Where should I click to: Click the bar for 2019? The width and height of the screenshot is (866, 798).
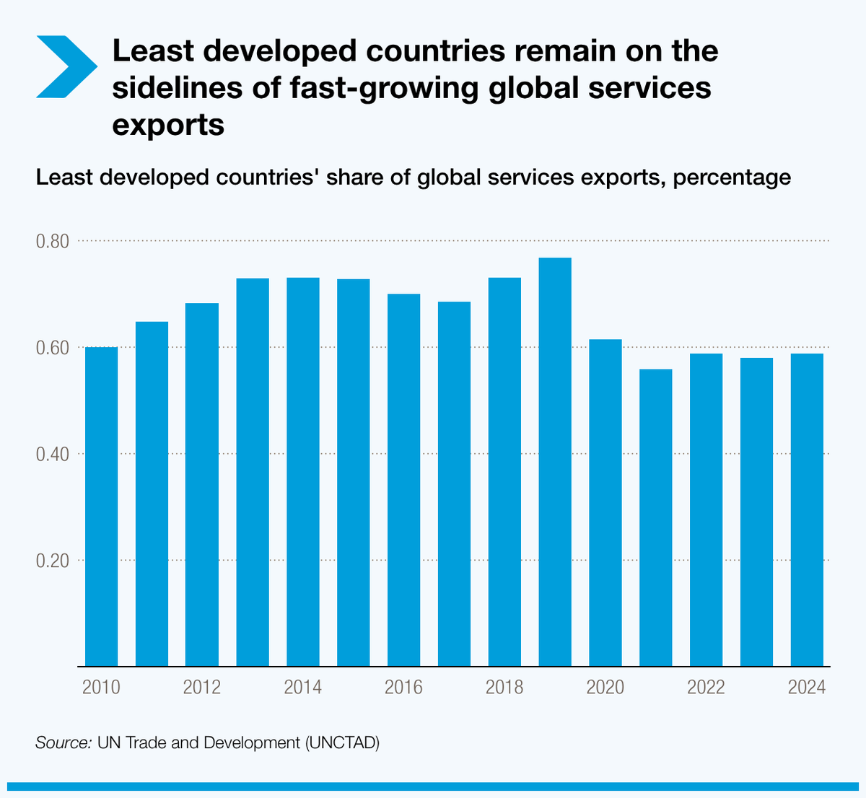click(555, 462)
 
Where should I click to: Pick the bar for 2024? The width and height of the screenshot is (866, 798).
click(807, 509)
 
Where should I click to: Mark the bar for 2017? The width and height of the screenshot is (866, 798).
click(454, 483)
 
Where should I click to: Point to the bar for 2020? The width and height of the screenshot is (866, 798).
click(605, 502)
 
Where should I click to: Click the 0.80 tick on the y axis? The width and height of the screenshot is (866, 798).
click(53, 241)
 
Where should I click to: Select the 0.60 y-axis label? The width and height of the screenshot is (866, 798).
click(53, 348)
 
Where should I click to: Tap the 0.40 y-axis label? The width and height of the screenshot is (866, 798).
click(53, 455)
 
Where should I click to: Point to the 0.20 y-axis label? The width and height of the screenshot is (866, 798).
click(53, 561)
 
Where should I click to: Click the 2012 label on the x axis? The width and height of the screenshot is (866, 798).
click(202, 687)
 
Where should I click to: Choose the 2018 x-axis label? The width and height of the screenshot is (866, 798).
click(504, 687)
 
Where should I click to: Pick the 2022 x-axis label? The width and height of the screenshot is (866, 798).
click(706, 687)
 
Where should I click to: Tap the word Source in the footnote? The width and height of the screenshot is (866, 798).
click(62, 742)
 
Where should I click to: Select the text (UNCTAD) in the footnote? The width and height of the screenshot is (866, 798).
click(342, 742)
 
